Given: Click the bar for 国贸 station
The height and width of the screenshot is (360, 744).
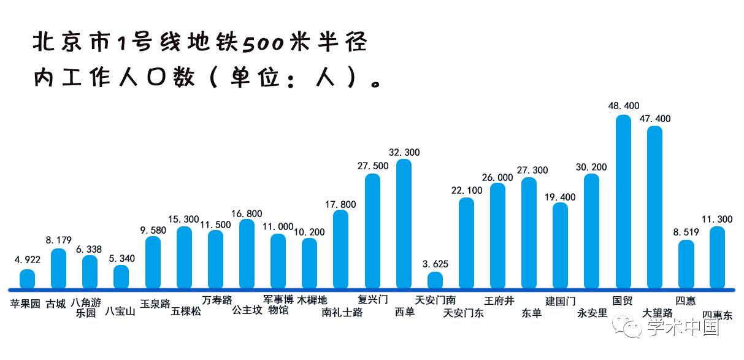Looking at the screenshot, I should pyautogui.click(x=623, y=202).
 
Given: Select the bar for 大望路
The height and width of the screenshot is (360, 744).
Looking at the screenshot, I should pyautogui.click(x=654, y=208).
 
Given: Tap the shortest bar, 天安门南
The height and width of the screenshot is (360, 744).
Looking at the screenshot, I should pyautogui.click(x=435, y=280).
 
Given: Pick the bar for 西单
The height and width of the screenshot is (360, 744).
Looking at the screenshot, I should pyautogui.click(x=404, y=224).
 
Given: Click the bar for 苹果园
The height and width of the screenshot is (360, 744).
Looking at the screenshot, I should pyautogui.click(x=27, y=279).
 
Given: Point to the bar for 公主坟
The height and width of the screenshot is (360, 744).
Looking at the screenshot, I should pyautogui.click(x=247, y=254).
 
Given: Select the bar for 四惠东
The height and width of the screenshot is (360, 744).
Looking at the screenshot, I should pyautogui.click(x=717, y=258).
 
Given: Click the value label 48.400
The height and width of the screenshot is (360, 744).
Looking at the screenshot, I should pyautogui.click(x=623, y=106).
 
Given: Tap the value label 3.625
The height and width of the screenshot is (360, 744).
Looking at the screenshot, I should pyautogui.click(x=435, y=264).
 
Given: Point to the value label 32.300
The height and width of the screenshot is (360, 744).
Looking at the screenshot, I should pyautogui.click(x=404, y=152).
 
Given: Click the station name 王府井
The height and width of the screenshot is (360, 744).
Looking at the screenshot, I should pyautogui.click(x=499, y=301).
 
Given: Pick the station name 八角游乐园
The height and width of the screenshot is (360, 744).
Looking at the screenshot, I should pyautogui.click(x=86, y=307).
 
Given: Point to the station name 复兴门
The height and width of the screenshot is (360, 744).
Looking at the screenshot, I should pyautogui.click(x=373, y=301).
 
